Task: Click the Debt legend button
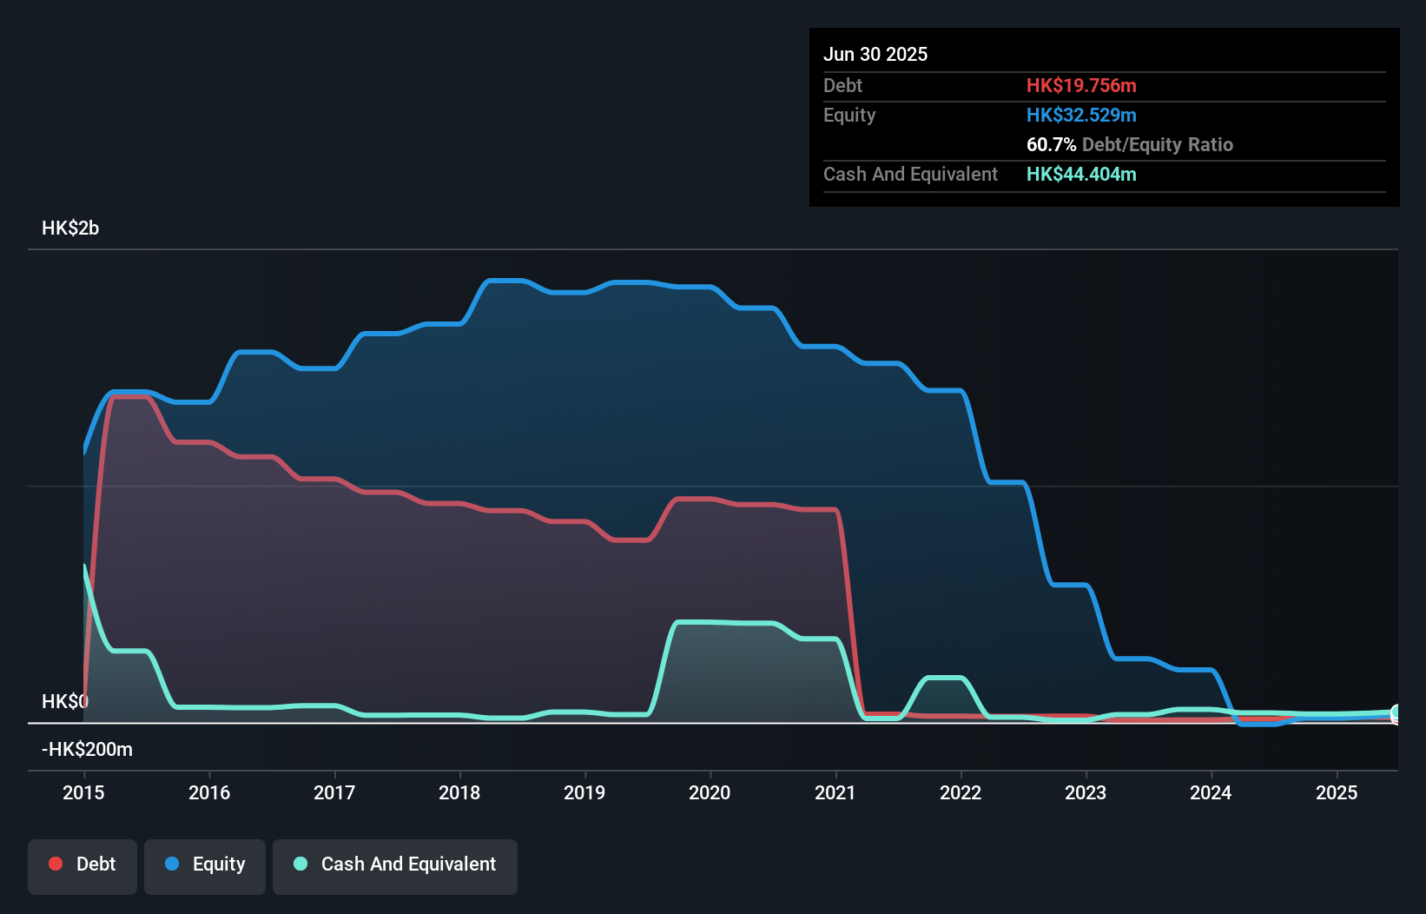tap(83, 865)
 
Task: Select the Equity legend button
tap(205, 865)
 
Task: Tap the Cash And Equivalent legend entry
tap(395, 865)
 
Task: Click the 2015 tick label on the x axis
tap(83, 792)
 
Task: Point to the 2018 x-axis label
tap(459, 792)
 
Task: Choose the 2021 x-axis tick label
tap(835, 792)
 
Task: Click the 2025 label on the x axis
tap(1336, 792)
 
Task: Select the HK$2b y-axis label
tap(70, 228)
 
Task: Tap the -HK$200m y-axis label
tap(87, 750)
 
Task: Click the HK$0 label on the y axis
tap(64, 701)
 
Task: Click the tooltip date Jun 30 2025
tap(875, 54)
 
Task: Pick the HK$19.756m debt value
tap(1081, 85)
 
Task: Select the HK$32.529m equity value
tap(1081, 115)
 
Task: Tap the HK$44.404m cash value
tap(1081, 174)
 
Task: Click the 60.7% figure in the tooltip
tap(1051, 144)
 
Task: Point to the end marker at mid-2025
tap(1396, 714)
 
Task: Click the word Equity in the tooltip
tap(849, 115)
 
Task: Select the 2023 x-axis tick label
tap(1086, 792)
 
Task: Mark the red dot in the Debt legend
tap(56, 864)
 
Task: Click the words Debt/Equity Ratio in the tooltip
tap(1157, 144)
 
